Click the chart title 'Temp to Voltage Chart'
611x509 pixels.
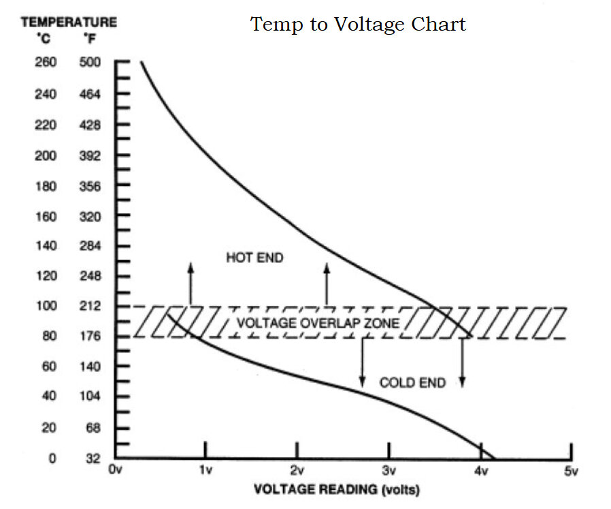[359, 25]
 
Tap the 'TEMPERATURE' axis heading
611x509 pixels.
[69, 22]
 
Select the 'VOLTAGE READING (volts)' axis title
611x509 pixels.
[337, 490]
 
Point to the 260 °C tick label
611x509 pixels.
[46, 63]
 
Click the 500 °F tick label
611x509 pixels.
[89, 63]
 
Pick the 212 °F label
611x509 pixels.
[89, 306]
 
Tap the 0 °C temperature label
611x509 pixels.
[52, 459]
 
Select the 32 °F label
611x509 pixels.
[93, 459]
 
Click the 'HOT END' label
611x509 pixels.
[254, 258]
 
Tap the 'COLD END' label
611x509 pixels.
[412, 383]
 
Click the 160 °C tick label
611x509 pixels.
[46, 217]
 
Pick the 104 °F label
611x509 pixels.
[89, 397]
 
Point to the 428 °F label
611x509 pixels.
[89, 125]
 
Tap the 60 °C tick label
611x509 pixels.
[48, 367]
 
